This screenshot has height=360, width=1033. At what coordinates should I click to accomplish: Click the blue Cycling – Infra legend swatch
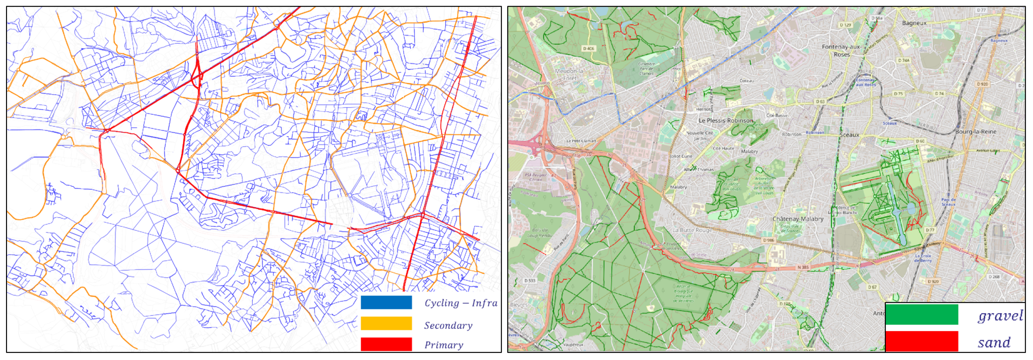click(386, 302)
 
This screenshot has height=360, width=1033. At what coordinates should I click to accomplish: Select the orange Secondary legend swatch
click(386, 323)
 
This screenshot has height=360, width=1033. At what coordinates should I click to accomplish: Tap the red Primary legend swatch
click(386, 344)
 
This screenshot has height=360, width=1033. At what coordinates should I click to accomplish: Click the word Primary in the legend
click(444, 345)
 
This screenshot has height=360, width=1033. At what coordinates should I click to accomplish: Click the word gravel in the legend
click(1000, 316)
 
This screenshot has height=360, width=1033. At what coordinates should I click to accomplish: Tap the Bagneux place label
click(914, 23)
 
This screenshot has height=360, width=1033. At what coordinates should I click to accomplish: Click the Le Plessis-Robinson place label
click(725, 120)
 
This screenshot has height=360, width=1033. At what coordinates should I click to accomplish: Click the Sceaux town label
click(849, 135)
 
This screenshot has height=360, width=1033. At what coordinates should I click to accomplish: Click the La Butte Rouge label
click(692, 230)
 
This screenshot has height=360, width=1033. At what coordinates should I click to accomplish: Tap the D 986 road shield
click(768, 240)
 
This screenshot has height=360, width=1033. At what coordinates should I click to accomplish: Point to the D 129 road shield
click(845, 25)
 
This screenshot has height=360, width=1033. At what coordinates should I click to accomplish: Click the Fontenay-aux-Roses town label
click(841, 50)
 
